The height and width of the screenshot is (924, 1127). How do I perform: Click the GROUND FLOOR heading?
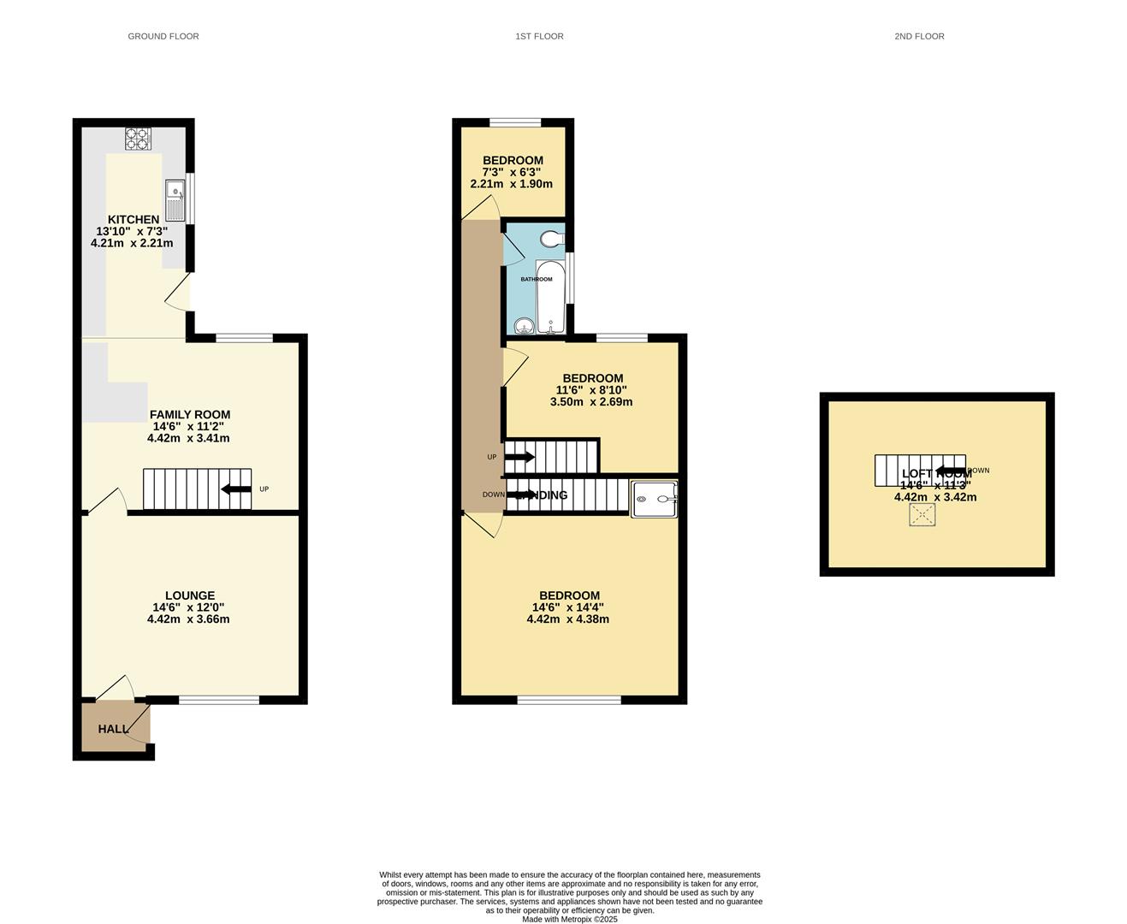tap(163, 36)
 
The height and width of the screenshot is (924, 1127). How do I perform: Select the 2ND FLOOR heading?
tap(919, 36)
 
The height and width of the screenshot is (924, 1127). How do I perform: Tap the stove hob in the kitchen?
tap(138, 139)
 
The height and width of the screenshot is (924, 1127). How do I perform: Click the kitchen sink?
tap(175, 200)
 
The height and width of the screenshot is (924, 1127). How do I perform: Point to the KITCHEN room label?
tap(133, 220)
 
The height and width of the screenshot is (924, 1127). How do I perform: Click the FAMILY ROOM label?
tap(190, 415)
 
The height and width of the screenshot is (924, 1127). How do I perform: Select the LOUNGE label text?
tap(190, 595)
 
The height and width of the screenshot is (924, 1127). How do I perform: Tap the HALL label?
tap(113, 729)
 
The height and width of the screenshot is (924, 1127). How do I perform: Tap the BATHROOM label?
tap(537, 279)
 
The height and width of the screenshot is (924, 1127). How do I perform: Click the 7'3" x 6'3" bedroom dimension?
tap(512, 172)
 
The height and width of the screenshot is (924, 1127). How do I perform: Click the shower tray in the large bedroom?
tap(654, 499)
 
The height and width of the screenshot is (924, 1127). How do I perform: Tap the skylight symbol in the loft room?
tap(922, 515)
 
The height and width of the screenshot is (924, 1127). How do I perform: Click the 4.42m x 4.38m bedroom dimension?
tap(568, 619)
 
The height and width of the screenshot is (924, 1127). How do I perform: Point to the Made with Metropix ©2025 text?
tap(569, 920)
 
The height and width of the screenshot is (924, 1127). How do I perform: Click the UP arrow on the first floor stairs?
tap(519, 457)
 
